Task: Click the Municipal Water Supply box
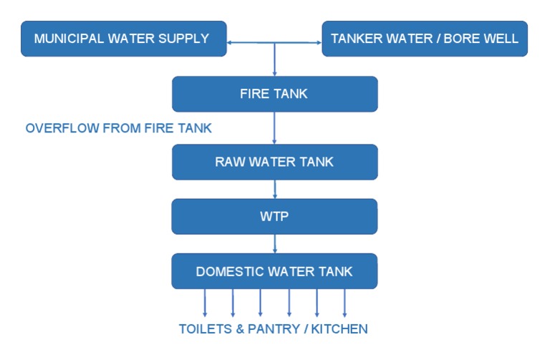pyautogui.click(x=123, y=39)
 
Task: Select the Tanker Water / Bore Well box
pyautogui.click(x=425, y=39)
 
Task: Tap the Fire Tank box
pyautogui.click(x=274, y=94)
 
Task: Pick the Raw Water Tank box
pyautogui.click(x=274, y=162)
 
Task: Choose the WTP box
pyautogui.click(x=274, y=216)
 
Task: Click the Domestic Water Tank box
pyautogui.click(x=274, y=271)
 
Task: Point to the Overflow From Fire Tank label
pyautogui.click(x=119, y=128)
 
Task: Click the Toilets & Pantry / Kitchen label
pyautogui.click(x=273, y=329)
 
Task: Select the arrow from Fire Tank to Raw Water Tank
pyautogui.click(x=275, y=128)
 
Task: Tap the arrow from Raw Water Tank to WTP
pyautogui.click(x=275, y=189)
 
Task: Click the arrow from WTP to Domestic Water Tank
pyautogui.click(x=275, y=243)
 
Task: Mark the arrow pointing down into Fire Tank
pyautogui.click(x=275, y=61)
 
